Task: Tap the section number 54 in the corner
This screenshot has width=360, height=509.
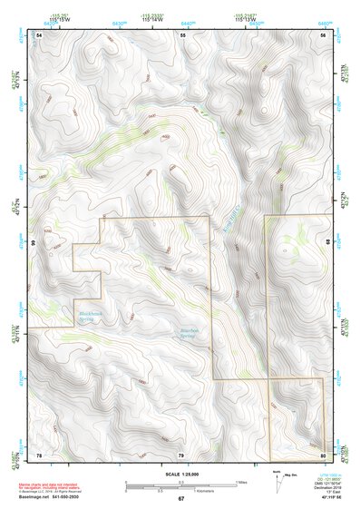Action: [x=39, y=34]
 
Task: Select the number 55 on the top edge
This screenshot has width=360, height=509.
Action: [x=181, y=34]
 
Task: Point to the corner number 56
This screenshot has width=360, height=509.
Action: [x=323, y=34]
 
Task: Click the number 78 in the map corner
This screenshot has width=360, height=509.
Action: [x=39, y=454]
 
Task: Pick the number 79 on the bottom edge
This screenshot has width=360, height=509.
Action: [x=180, y=454]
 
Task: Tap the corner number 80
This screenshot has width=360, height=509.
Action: [x=323, y=454]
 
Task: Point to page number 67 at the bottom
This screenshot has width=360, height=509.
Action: [x=180, y=499]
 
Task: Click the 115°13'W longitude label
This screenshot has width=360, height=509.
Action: [x=246, y=20]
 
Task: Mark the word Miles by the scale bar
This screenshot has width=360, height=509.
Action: [x=240, y=482]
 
